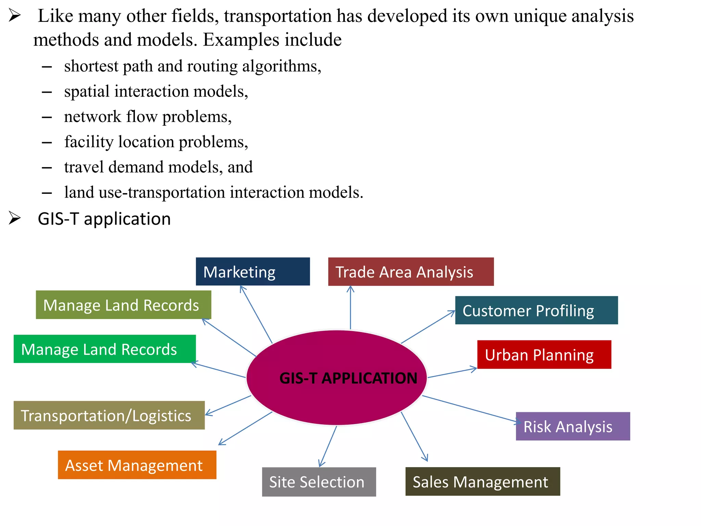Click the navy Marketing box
click(253, 272)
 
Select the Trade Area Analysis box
click(411, 272)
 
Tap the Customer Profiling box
click(536, 310)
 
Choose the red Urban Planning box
click(544, 354)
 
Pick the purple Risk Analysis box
click(573, 426)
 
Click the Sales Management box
click(483, 481)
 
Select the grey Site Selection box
click(319, 482)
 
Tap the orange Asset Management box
click(137, 465)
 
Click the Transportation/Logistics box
click(109, 415)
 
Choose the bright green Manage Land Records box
click(104, 349)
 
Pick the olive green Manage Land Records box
click(123, 305)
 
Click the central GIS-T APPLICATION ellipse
click(336, 378)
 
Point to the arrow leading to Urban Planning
click(452, 373)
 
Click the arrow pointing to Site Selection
click(328, 447)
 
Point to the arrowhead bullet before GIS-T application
click(15, 218)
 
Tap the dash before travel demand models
click(47, 167)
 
